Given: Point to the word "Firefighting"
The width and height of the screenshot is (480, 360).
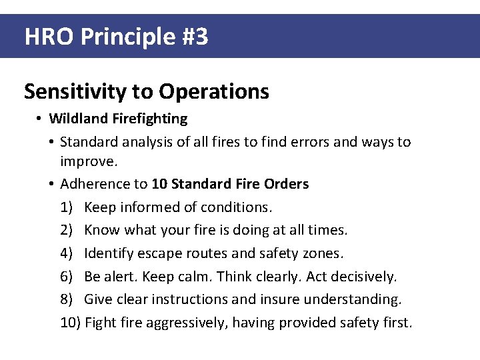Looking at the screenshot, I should coord(150,119).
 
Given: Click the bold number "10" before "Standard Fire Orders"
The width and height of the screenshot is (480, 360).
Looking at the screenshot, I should coord(159,184).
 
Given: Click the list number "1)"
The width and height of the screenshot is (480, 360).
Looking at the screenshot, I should coord(67,207).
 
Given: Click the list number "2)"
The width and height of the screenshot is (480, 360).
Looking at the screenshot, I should coord(67,231).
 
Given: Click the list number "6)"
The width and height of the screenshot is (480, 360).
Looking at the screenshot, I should coord(67,277).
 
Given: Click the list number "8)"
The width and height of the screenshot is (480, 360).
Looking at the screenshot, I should coord(67,300).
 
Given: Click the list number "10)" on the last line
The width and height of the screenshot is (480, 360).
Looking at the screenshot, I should coord(71,323).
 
